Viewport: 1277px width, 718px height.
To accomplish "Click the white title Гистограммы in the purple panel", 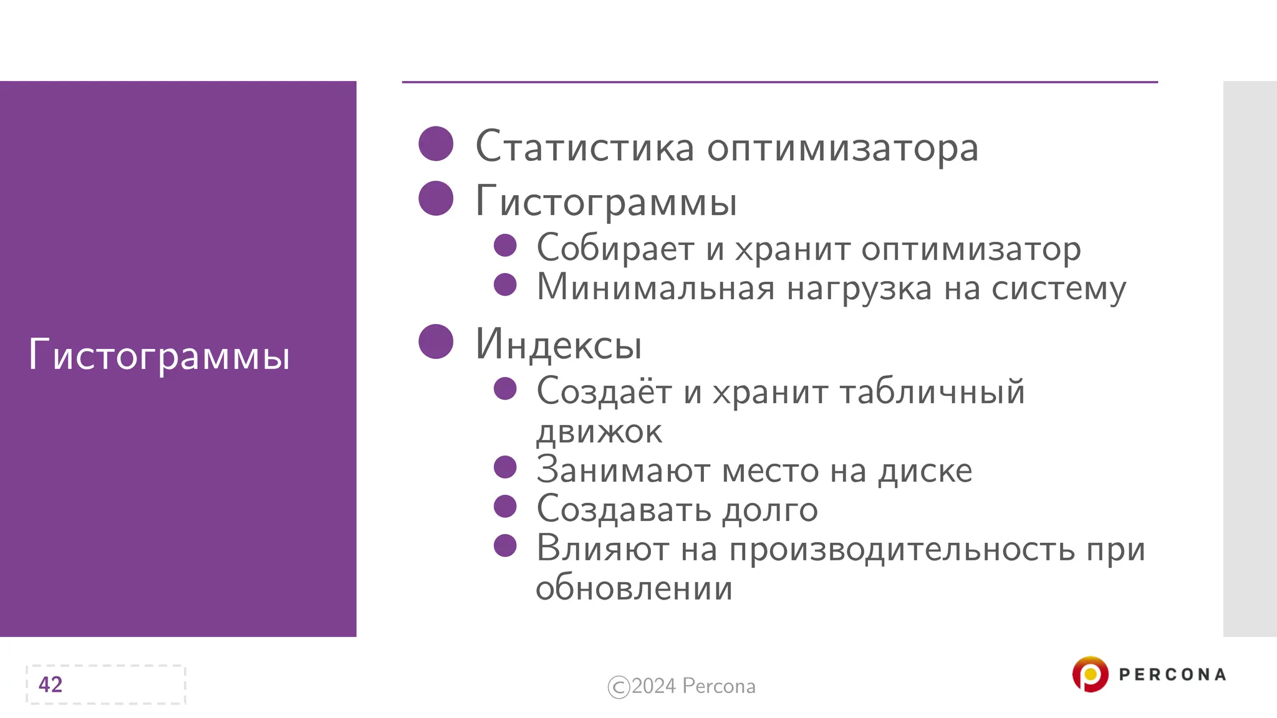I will [x=159, y=355].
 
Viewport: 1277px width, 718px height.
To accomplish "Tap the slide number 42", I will [x=51, y=684].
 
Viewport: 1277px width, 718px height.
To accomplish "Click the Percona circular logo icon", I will [x=1090, y=674].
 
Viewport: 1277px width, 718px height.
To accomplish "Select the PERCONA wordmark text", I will [x=1172, y=675].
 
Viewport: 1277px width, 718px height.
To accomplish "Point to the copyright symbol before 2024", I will [x=619, y=687].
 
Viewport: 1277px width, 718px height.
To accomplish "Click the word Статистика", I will [x=584, y=148].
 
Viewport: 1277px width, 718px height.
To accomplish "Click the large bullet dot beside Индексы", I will [x=436, y=342].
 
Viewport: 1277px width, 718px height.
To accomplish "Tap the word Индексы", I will [x=558, y=345].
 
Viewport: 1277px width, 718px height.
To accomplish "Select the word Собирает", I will [x=615, y=249].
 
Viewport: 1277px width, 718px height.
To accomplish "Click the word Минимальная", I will [x=655, y=288].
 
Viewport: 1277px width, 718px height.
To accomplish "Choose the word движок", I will [x=599, y=431].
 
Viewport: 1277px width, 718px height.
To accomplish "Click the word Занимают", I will [x=623, y=470].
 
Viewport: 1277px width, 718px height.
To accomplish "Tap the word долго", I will [x=770, y=510].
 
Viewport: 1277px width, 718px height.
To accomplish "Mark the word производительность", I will [x=902, y=550].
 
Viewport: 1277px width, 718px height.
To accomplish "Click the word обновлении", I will [x=634, y=588].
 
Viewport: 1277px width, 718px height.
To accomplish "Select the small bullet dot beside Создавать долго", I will [x=505, y=506].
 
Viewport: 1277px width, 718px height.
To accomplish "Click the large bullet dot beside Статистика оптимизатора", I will [x=436, y=144].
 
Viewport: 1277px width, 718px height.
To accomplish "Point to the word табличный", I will [x=932, y=392].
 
